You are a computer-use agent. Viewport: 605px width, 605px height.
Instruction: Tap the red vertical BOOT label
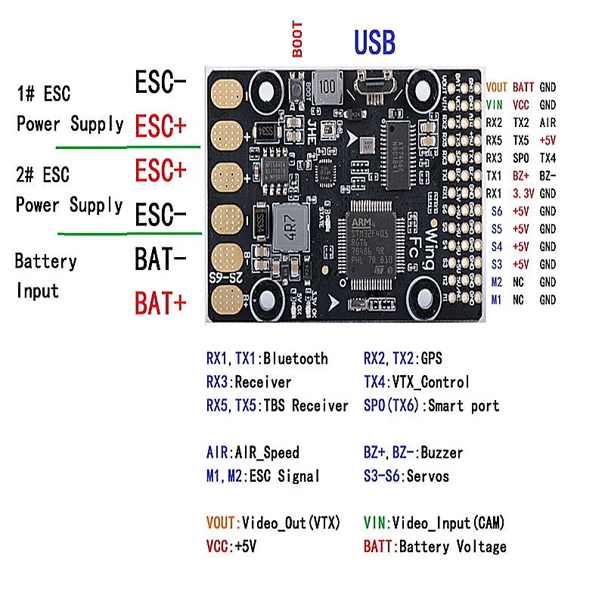tap(297, 39)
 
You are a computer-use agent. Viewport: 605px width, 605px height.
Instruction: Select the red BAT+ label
tap(160, 303)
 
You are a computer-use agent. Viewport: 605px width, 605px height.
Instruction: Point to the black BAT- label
tap(160, 260)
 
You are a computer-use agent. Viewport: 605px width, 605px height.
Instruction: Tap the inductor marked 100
tap(327, 85)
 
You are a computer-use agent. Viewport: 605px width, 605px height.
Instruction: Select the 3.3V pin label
tap(521, 193)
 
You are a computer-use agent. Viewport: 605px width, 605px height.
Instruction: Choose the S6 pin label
tap(496, 211)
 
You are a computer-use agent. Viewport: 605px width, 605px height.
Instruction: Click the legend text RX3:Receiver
tap(248, 382)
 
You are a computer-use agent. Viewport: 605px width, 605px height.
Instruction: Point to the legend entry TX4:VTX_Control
tap(416, 382)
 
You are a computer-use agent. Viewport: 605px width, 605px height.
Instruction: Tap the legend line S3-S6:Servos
tap(406, 476)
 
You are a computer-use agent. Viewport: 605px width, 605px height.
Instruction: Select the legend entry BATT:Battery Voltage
tap(435, 546)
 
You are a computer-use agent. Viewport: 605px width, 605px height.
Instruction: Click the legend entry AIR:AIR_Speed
tap(253, 452)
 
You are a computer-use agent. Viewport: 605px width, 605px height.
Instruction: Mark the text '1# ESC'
tap(43, 95)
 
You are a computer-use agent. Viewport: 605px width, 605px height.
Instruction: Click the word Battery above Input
tap(46, 262)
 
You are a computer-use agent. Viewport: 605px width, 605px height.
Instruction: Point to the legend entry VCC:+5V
tap(231, 546)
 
